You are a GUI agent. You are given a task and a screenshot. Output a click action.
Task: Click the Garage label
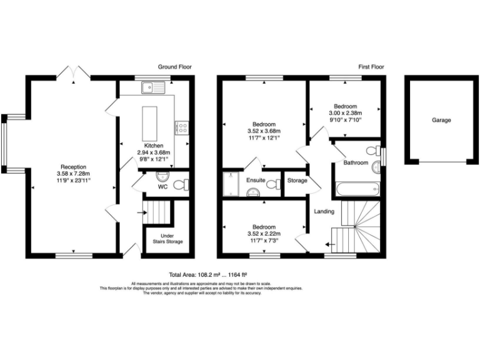[x=441, y=120]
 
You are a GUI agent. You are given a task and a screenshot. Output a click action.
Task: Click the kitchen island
[x=150, y=124]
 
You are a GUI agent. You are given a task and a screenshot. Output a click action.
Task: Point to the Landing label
[x=324, y=211]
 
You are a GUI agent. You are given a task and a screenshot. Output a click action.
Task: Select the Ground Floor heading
[x=174, y=67]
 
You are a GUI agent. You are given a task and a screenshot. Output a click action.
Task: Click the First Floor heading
[x=371, y=67]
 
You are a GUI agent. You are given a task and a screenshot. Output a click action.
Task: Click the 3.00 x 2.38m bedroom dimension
[x=345, y=113]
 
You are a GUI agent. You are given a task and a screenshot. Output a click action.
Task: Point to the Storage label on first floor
[x=297, y=181]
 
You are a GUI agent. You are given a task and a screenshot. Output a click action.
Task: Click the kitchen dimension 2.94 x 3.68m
[x=154, y=152]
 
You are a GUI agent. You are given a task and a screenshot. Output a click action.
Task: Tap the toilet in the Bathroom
[x=374, y=149]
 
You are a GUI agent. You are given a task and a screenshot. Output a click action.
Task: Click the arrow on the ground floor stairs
[x=141, y=213]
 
